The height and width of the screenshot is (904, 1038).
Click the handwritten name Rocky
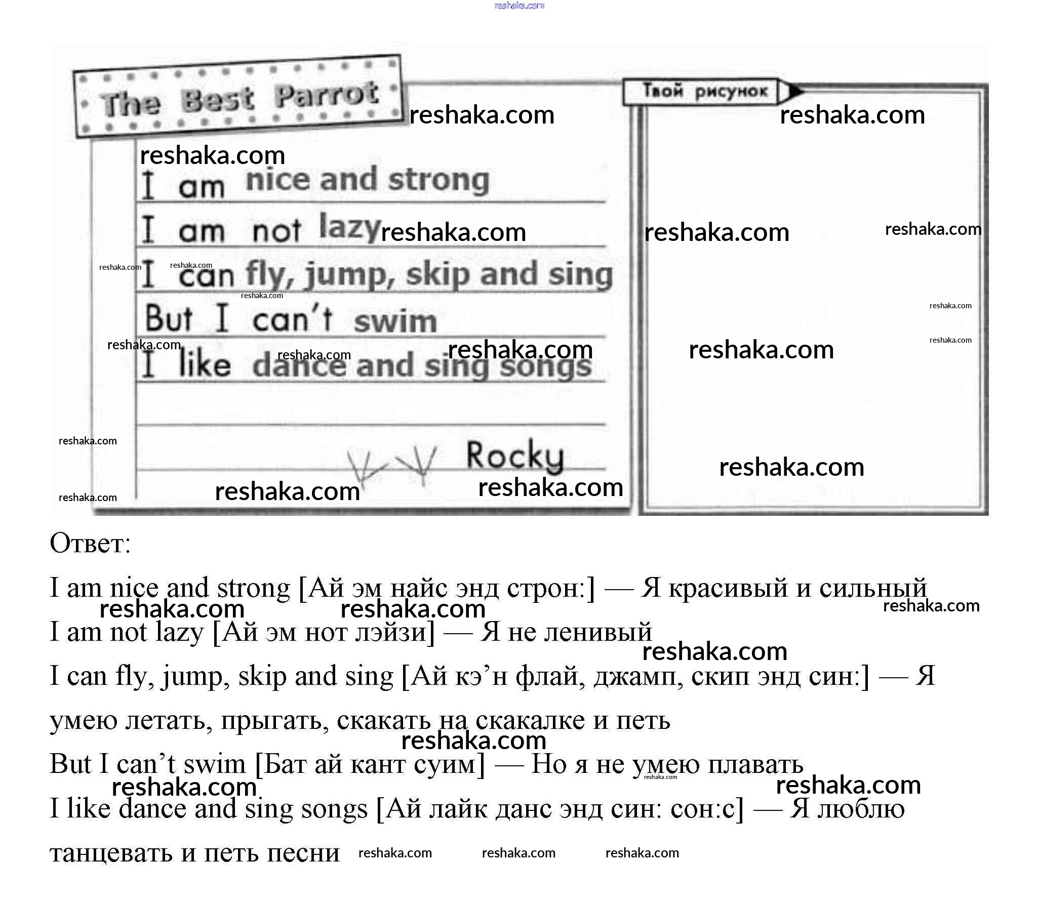point(514,457)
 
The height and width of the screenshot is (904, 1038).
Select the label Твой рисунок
point(705,91)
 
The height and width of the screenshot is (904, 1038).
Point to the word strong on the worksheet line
point(439,181)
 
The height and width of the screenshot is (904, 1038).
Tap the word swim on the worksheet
point(395,322)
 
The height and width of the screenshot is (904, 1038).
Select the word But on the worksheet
point(169,318)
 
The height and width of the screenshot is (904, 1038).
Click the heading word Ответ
point(90,543)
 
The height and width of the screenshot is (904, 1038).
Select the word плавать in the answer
point(755,765)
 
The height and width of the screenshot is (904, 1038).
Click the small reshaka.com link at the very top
point(519,6)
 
